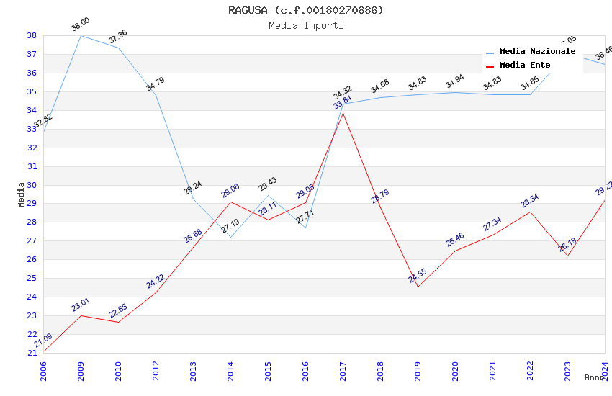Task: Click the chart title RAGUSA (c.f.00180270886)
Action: pyautogui.click(x=306, y=10)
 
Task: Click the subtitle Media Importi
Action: pyautogui.click(x=306, y=25)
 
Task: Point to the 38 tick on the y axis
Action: pyautogui.click(x=32, y=35)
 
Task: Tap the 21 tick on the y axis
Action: pyautogui.click(x=32, y=353)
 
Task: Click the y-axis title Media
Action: pyautogui.click(x=21, y=194)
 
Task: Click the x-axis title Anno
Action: pyautogui.click(x=594, y=377)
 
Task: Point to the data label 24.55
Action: pyautogui.click(x=418, y=276)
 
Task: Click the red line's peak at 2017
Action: pyautogui.click(x=343, y=113)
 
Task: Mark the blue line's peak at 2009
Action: pyautogui.click(x=81, y=35)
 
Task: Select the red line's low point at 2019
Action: pyautogui.click(x=418, y=287)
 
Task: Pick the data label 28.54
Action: pyautogui.click(x=530, y=201)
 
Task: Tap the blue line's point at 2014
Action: pyautogui.click(x=230, y=237)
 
